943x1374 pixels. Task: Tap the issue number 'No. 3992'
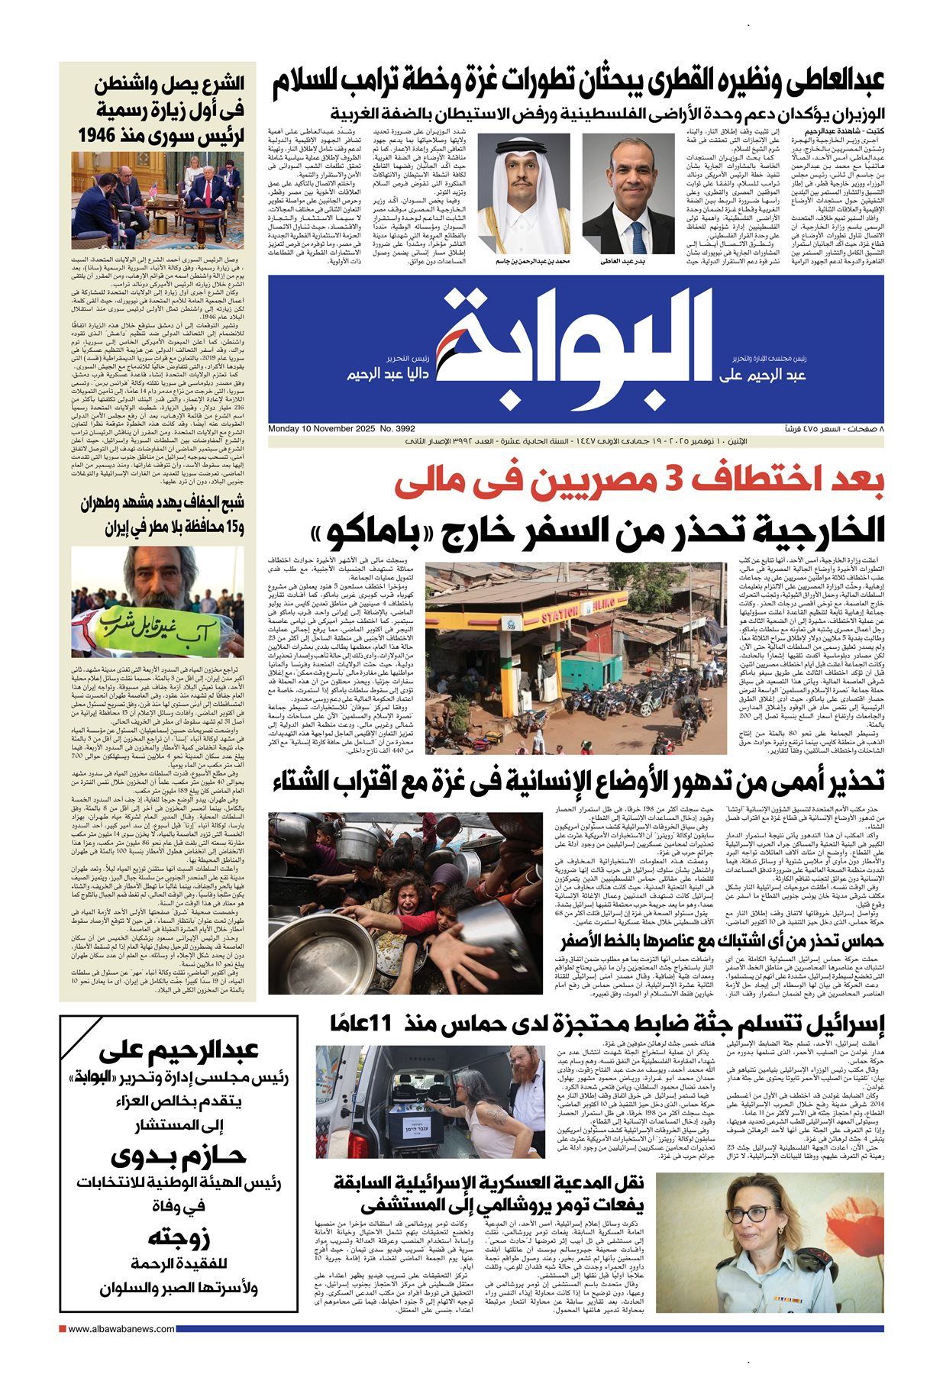400,429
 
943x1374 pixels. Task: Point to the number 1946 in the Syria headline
100,136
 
